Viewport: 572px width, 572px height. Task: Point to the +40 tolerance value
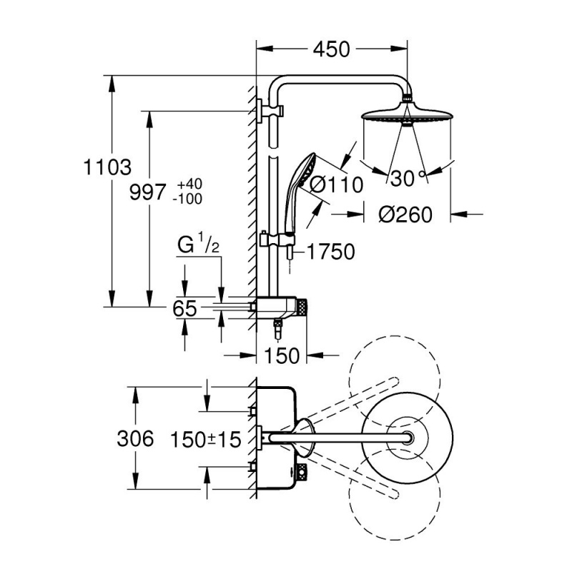pyautogui.click(x=187, y=185)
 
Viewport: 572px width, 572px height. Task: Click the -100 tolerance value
pyautogui.click(x=187, y=199)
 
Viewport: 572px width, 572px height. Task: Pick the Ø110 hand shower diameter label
pyautogui.click(x=337, y=184)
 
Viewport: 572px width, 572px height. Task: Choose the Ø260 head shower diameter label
pyautogui.click(x=405, y=214)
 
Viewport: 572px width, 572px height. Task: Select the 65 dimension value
pyautogui.click(x=185, y=309)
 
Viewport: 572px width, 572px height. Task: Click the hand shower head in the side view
pyautogui.click(x=305, y=172)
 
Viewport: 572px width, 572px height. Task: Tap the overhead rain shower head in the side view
pyautogui.click(x=408, y=114)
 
